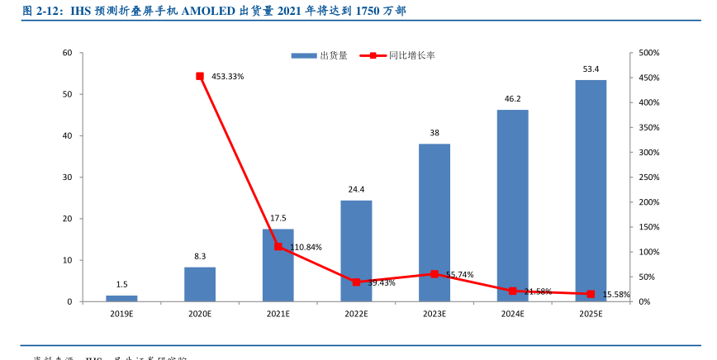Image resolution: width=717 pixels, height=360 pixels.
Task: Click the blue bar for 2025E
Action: [590, 191]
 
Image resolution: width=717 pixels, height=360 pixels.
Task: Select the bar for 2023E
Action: [434, 223]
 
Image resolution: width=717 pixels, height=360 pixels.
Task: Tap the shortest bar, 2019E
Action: [121, 298]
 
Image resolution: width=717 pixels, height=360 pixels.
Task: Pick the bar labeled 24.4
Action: [356, 251]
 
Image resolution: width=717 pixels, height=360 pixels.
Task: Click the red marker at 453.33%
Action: [200, 76]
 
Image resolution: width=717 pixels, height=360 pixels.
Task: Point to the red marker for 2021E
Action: [278, 247]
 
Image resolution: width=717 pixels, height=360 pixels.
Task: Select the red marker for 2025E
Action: [590, 294]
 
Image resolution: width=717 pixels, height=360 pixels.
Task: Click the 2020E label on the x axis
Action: [200, 315]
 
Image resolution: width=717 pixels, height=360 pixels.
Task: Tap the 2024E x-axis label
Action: [512, 315]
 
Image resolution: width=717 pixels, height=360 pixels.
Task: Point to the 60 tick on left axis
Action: [67, 53]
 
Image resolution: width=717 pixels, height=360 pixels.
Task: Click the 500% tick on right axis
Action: [648, 53]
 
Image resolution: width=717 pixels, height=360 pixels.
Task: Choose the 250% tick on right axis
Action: [648, 178]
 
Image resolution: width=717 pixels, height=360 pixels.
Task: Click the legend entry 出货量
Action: [319, 55]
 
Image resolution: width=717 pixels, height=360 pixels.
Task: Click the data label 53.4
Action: [591, 69]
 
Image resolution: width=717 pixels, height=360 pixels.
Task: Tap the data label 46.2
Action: [512, 99]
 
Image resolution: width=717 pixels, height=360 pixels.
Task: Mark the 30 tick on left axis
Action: [67, 178]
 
